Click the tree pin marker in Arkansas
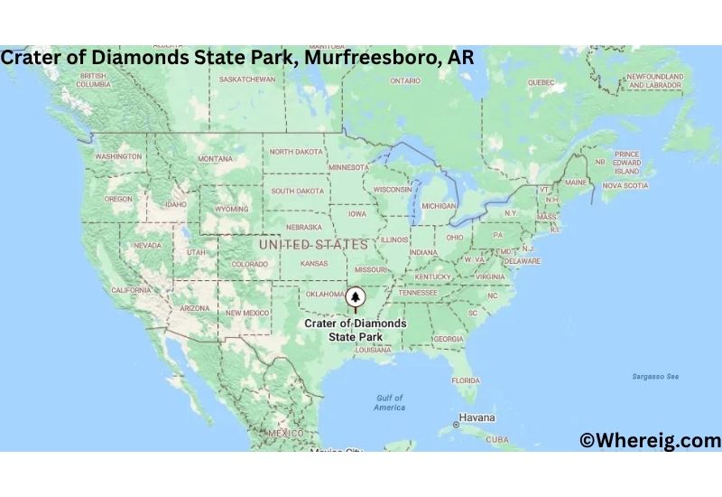point(356,296)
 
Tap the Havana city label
point(477,418)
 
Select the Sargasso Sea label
point(653,376)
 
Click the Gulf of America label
point(390,402)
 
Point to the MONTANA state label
point(215,159)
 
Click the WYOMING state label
point(231,209)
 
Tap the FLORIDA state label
point(466,380)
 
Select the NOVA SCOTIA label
point(625,185)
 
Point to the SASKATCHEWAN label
point(247,80)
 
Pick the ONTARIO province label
point(405,80)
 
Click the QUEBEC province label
point(541,82)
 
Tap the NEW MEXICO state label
point(246,313)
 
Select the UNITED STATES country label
point(313,245)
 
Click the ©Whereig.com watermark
point(650,440)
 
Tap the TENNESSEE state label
point(418,293)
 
